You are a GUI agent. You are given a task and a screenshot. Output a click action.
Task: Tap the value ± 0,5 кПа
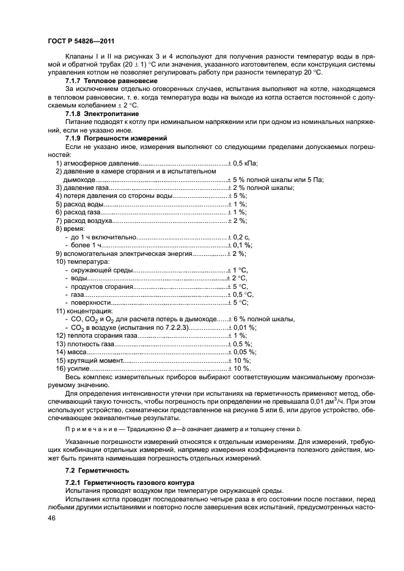pos(243,164)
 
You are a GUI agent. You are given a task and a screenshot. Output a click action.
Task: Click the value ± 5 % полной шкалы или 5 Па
pos(276,180)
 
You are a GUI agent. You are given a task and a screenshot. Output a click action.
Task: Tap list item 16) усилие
pos(74,368)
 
